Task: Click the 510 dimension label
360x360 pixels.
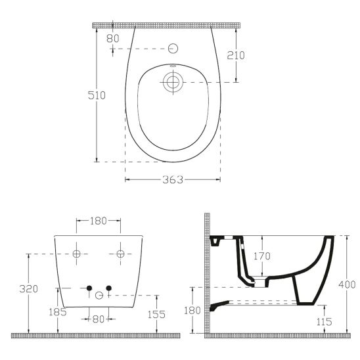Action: coord(97,95)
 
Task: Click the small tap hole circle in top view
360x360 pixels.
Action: coord(173,49)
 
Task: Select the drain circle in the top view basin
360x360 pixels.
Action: coord(173,82)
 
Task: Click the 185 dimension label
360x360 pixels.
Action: coord(58,312)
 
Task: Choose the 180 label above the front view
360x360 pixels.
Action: coord(97,221)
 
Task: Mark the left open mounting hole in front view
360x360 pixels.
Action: coord(76,254)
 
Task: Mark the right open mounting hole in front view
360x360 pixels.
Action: coord(120,254)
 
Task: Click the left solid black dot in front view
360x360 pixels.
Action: coord(88,289)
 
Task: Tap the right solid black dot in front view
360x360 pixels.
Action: coord(109,289)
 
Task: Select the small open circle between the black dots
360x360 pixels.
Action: coord(99,295)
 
